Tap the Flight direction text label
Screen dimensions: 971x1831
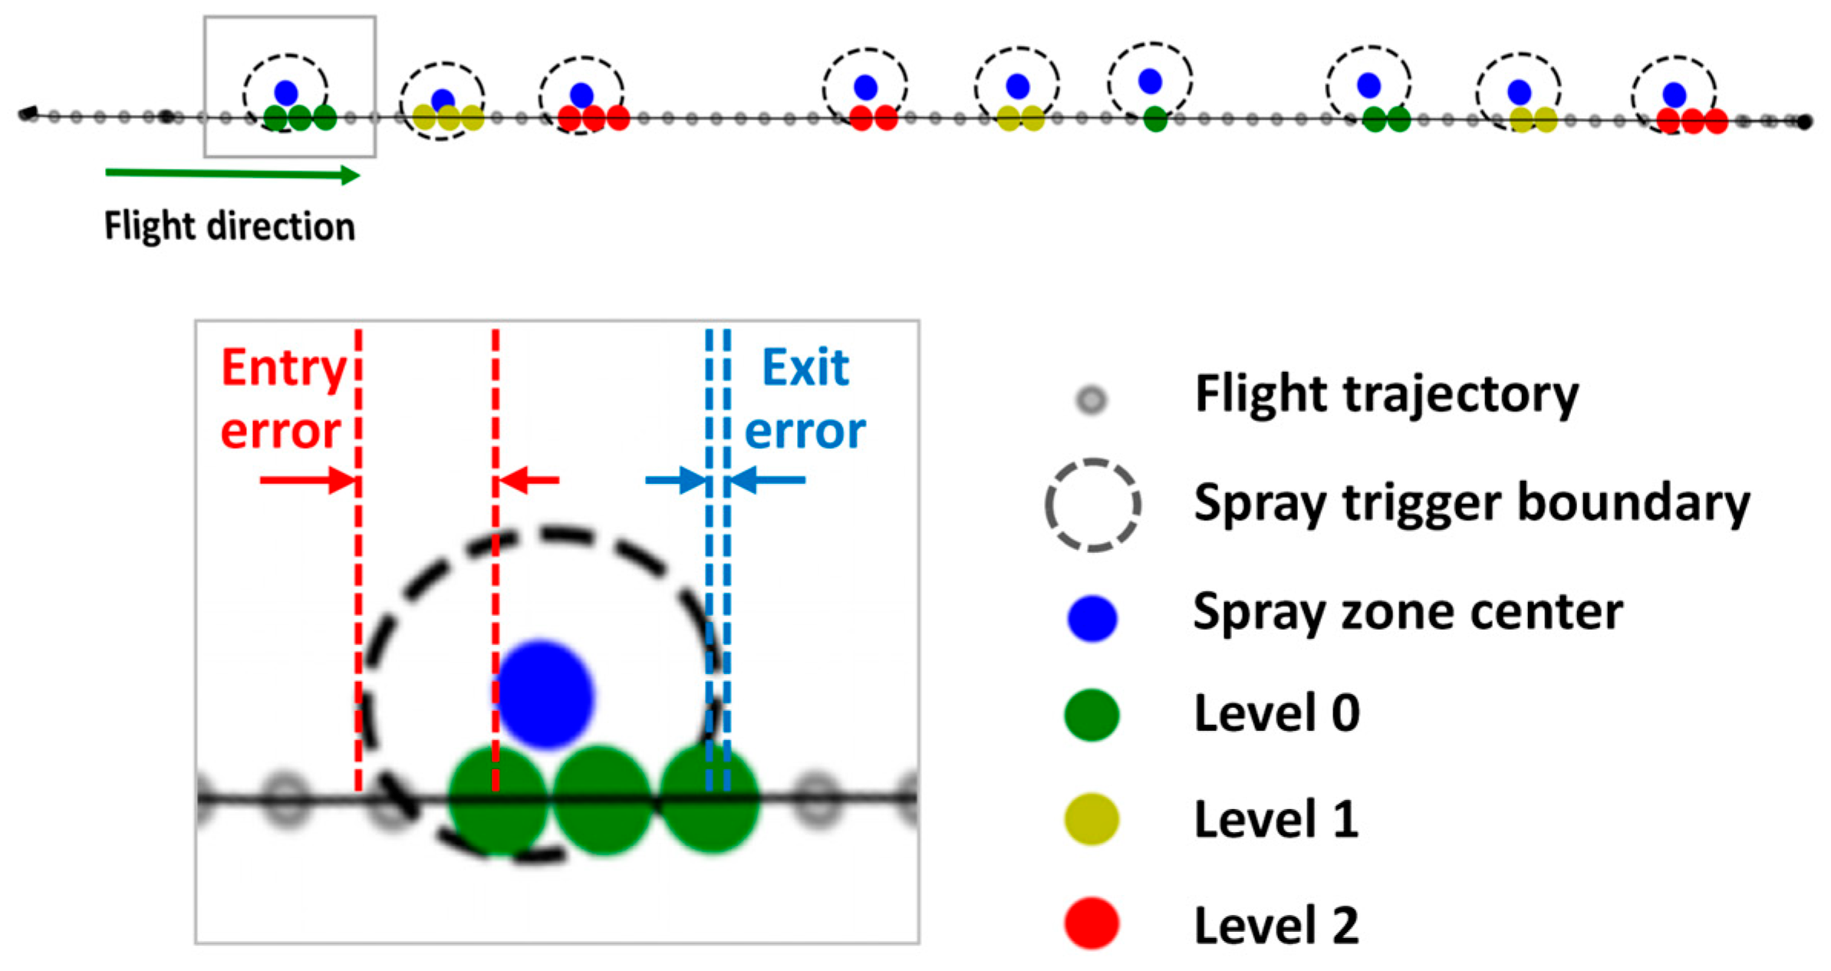[x=229, y=226]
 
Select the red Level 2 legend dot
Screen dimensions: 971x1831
[x=1092, y=923]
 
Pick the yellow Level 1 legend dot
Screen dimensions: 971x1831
[x=1092, y=819]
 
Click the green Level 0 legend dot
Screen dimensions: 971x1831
[x=1092, y=715]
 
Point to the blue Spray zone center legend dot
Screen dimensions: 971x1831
[x=1092, y=617]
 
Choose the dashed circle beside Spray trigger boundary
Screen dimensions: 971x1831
[x=1092, y=505]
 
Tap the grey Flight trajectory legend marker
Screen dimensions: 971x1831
[x=1092, y=400]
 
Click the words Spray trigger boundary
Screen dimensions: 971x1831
[x=1471, y=504]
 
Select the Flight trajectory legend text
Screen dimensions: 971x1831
[x=1386, y=394]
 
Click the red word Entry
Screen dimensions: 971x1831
[x=284, y=368]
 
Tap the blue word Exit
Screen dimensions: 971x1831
[x=805, y=367]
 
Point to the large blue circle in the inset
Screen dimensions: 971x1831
[x=544, y=694]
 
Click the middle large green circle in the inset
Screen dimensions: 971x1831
[x=602, y=799]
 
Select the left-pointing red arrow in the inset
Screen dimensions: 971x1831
[x=529, y=481]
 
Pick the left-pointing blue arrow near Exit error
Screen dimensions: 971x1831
[x=767, y=481]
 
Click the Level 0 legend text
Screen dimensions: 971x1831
[x=1276, y=713]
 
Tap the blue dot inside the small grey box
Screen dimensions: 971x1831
[x=286, y=93]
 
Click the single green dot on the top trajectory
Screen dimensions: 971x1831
[x=1154, y=119]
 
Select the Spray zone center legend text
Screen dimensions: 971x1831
[x=1408, y=612]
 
